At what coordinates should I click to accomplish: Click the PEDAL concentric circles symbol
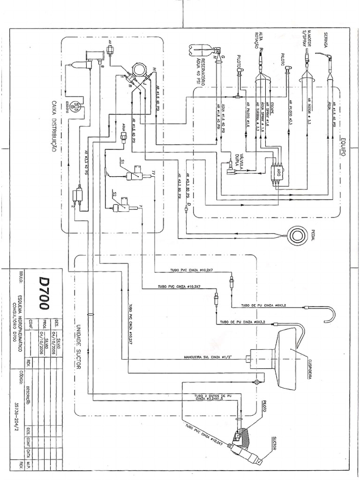pos(298,234)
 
